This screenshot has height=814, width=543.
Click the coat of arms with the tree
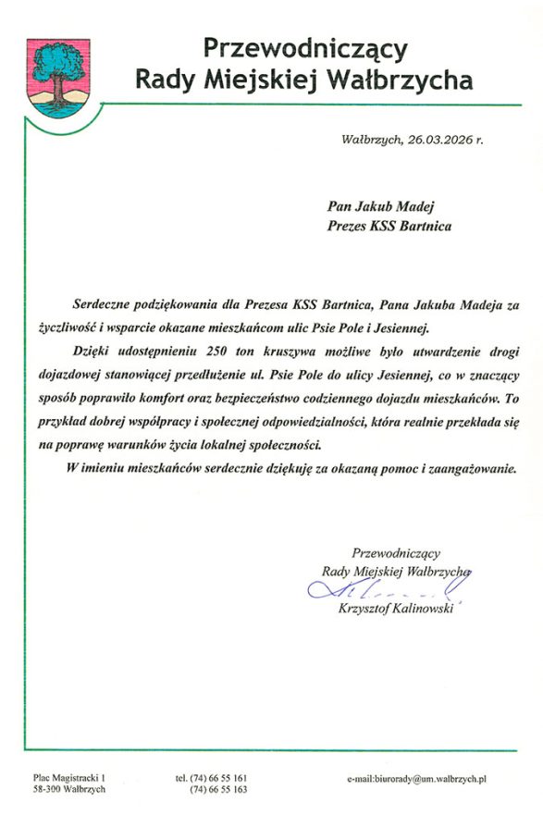(56, 77)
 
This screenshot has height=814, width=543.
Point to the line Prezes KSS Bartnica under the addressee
(389, 226)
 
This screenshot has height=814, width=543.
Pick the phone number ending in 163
(219, 790)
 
